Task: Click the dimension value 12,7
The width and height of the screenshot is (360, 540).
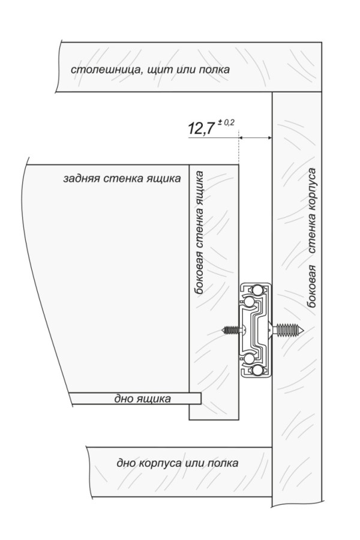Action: click(x=201, y=129)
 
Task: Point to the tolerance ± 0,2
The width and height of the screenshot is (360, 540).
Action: click(x=226, y=122)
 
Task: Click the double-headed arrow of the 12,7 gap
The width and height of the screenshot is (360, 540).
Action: click(x=255, y=138)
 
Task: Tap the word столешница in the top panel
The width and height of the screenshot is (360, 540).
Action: click(x=105, y=70)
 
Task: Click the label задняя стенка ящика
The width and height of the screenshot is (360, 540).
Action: click(x=122, y=179)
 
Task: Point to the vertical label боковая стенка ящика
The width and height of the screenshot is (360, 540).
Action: click(x=199, y=232)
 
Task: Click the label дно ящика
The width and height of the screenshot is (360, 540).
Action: click(x=142, y=399)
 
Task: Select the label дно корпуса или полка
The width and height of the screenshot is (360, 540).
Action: click(x=177, y=463)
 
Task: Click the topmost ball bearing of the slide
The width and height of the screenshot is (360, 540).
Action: click(x=257, y=290)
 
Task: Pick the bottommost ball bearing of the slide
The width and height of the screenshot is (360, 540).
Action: click(x=257, y=371)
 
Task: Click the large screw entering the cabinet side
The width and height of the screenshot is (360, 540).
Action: click(x=286, y=330)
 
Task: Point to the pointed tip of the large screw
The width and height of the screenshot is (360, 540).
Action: click(x=304, y=330)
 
